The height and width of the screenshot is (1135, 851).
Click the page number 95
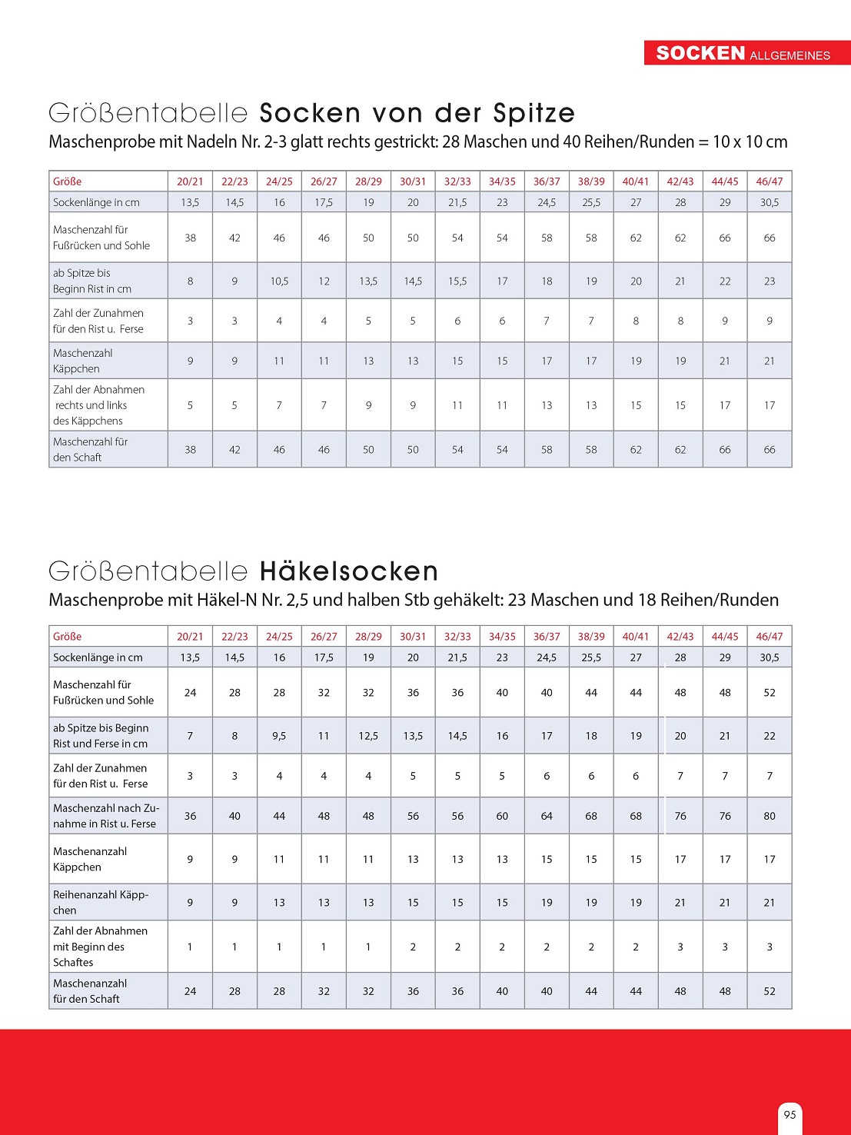click(790, 1114)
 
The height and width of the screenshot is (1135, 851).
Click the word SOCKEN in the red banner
click(700, 53)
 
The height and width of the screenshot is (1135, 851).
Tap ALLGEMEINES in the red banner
click(790, 55)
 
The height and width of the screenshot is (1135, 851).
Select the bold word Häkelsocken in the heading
click(349, 571)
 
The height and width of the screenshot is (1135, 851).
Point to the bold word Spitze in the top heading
click(534, 113)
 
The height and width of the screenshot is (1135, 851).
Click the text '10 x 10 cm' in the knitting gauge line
click(750, 141)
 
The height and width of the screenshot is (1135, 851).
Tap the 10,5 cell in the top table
click(279, 281)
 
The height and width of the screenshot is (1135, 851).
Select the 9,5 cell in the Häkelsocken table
click(279, 736)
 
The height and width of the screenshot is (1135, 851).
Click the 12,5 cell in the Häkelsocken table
click(368, 736)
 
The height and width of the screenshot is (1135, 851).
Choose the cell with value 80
click(770, 816)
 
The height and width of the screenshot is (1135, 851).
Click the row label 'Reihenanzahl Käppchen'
click(100, 902)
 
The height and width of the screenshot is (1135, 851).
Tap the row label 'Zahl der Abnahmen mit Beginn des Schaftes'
click(100, 947)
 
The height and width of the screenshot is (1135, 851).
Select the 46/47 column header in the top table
click(770, 181)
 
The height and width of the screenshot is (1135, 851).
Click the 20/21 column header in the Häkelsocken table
click(190, 637)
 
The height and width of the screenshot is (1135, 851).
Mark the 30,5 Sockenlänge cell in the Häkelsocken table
click(770, 657)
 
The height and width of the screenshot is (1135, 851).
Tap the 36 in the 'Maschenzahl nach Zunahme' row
click(190, 816)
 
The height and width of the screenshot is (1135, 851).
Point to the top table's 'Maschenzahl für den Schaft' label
click(90, 449)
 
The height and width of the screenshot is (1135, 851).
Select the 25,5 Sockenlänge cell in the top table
click(591, 202)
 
